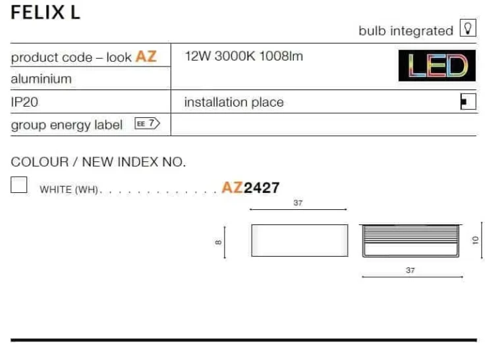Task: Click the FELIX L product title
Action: click(x=45, y=13)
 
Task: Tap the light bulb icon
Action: click(x=468, y=28)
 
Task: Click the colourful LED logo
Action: click(x=437, y=65)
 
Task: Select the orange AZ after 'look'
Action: click(x=146, y=57)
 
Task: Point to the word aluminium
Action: click(x=41, y=79)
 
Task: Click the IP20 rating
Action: click(x=24, y=102)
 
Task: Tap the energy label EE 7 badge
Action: click(x=147, y=123)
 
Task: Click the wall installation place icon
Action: click(x=468, y=101)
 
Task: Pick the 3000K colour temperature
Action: click(x=234, y=57)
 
